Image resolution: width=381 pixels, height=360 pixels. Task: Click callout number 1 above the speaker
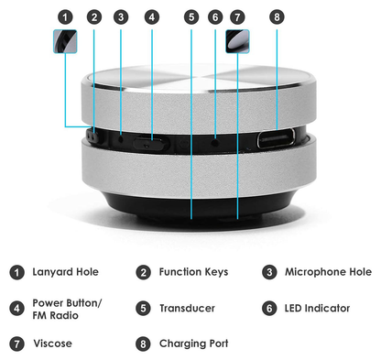click(x=64, y=16)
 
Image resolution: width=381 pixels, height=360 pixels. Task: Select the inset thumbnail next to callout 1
click(x=65, y=42)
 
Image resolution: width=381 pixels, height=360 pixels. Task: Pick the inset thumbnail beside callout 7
click(x=237, y=41)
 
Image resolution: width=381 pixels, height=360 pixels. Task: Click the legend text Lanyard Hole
click(x=65, y=272)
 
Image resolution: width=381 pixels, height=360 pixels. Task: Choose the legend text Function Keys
click(x=193, y=272)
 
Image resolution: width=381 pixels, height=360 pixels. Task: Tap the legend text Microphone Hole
click(x=328, y=272)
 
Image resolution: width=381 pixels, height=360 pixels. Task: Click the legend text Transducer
click(x=187, y=309)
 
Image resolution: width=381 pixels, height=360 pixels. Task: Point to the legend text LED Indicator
click(x=317, y=309)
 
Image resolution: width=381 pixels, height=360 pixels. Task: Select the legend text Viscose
click(x=52, y=344)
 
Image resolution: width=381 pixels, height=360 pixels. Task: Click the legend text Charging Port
click(x=193, y=344)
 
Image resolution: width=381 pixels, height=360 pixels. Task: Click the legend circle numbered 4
click(x=17, y=309)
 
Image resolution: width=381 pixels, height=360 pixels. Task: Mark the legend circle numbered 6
click(x=269, y=309)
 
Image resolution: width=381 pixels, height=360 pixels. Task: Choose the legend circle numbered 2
click(x=144, y=272)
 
